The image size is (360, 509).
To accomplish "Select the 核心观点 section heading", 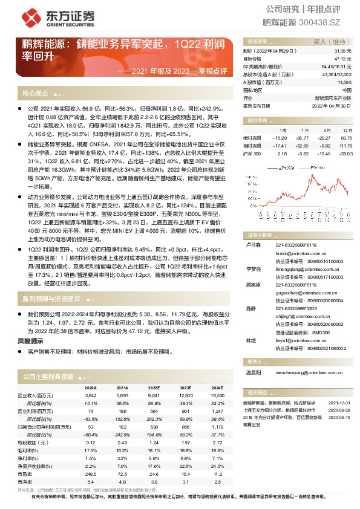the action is tap(35, 94).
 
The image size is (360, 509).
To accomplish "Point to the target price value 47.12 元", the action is tap(342, 59).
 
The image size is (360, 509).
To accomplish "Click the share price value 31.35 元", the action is tap(342, 51).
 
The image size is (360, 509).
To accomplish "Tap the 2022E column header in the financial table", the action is tap(153, 387).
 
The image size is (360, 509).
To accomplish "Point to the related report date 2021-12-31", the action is tap(338, 402).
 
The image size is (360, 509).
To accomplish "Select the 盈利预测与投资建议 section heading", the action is tap(51, 299).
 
